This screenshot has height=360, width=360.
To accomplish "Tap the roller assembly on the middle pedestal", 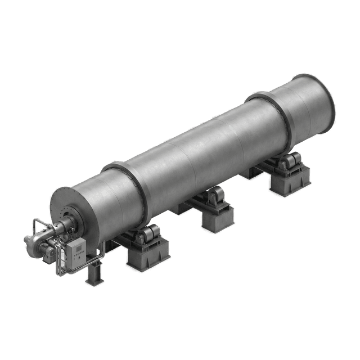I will pos(215,197).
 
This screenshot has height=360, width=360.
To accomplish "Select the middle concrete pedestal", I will pos(217,217).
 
